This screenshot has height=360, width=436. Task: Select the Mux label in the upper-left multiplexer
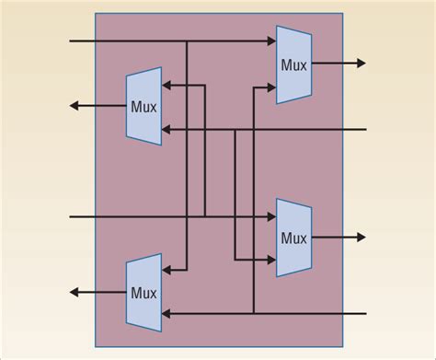coord(143,106)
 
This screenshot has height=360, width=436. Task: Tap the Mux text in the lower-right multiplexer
coord(293,238)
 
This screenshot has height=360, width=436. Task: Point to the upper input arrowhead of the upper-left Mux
coord(167,87)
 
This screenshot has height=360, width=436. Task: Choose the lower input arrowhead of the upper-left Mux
coord(167,130)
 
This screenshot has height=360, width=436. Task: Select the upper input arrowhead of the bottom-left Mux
coord(167,270)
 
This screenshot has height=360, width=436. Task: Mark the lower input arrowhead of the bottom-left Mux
coord(167,313)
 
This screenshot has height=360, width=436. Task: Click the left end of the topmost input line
coord(72,41)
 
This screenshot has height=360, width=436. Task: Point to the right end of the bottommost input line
coord(365,313)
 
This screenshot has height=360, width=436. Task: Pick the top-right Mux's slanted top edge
coord(293,30)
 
